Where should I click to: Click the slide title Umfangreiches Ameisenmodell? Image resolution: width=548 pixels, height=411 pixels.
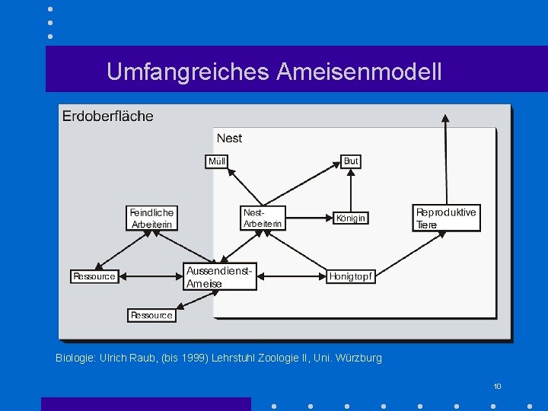[274, 72]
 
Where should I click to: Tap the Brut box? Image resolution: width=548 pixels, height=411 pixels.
[350, 161]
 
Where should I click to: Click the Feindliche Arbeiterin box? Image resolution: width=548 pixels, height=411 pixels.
[152, 218]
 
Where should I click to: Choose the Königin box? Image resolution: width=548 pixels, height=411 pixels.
[350, 218]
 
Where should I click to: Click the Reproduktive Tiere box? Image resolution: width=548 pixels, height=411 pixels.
[445, 218]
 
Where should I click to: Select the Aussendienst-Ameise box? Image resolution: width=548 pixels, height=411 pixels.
[220, 277]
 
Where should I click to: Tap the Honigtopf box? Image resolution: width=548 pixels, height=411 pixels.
[350, 276]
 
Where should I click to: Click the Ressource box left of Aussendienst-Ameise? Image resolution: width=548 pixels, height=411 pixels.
[94, 276]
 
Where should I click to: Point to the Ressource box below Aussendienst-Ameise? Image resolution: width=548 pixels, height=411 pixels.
[151, 314]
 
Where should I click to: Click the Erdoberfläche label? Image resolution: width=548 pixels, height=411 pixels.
[107, 116]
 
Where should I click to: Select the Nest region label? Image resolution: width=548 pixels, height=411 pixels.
[229, 138]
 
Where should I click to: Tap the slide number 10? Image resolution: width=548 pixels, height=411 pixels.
[497, 387]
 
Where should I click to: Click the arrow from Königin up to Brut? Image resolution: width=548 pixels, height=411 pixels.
[350, 190]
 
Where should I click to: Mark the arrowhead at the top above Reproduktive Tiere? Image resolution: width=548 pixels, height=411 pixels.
[446, 118]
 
